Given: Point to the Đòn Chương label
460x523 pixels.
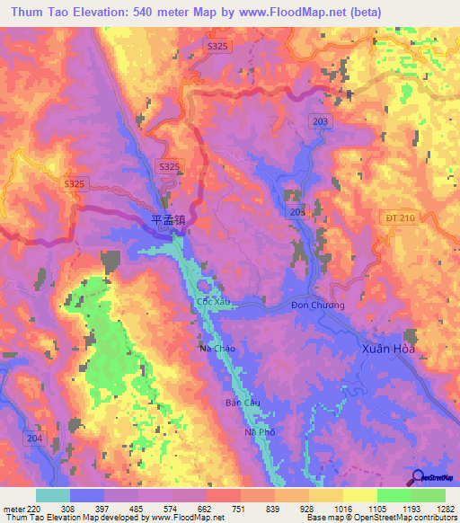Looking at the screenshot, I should pyautogui.click(x=317, y=305).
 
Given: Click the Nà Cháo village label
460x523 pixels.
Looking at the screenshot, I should pyautogui.click(x=217, y=348).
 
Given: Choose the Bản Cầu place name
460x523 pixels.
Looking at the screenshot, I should pyautogui.click(x=243, y=403).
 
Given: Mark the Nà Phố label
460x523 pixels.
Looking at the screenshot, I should pyautogui.click(x=260, y=432).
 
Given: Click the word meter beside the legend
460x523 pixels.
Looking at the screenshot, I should pyautogui.click(x=13, y=508).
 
